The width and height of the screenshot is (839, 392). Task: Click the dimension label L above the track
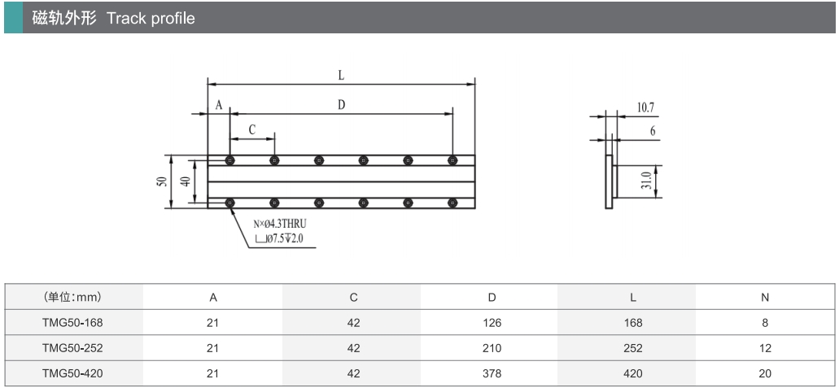[342, 75]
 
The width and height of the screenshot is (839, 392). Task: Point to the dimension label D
[342, 105]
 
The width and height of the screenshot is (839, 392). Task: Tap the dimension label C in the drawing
[252, 129]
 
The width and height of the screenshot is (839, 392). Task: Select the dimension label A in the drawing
[219, 105]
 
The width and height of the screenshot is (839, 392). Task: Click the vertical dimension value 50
[163, 181]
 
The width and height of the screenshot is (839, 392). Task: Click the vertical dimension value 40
[186, 181]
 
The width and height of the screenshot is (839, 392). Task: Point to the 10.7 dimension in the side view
[646, 107]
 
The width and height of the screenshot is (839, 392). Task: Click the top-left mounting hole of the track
[231, 159]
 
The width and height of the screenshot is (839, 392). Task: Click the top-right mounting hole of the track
[452, 159]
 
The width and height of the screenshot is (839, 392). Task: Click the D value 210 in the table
[492, 348]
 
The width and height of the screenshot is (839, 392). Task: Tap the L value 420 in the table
[632, 373]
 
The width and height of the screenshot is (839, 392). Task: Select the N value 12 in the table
[765, 348]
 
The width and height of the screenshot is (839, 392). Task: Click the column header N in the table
[765, 298]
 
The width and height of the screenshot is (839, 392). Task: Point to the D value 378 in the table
[492, 373]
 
